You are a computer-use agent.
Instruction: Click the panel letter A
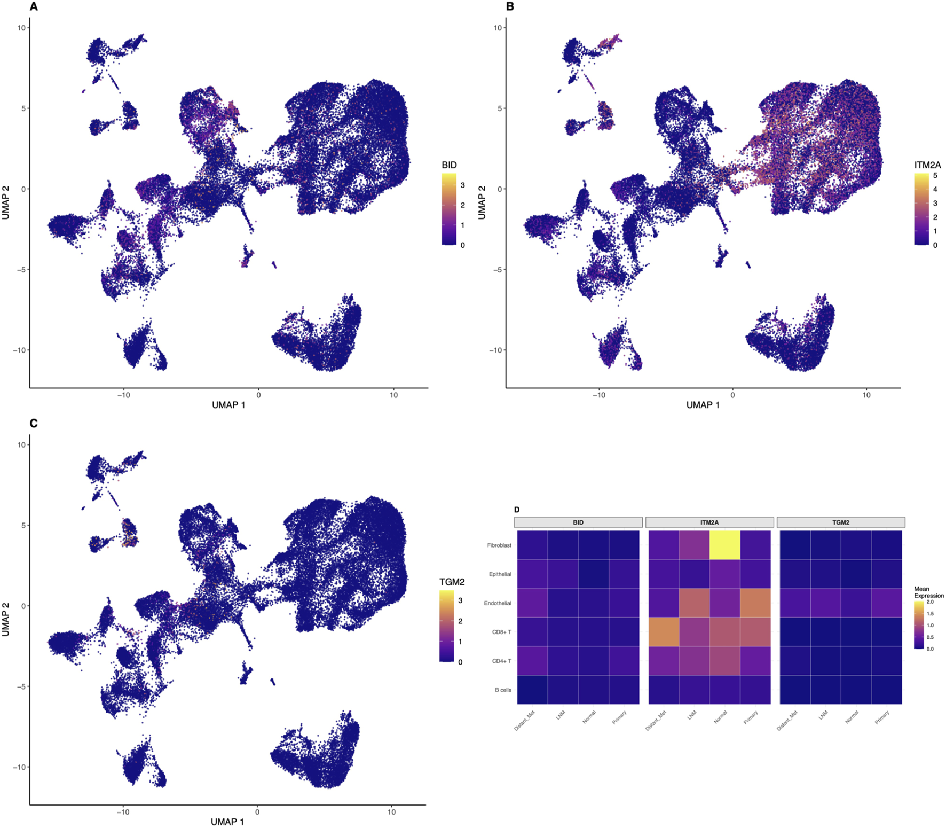[34, 7]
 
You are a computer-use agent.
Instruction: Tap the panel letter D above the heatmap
[517, 510]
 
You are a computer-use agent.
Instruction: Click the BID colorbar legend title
[449, 165]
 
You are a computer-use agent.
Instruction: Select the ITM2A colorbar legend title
[927, 165]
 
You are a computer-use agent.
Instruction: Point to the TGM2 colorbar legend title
[452, 582]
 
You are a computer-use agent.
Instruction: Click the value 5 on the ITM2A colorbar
[935, 176]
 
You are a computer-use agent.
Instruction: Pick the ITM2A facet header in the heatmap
[709, 522]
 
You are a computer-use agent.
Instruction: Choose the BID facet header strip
[578, 522]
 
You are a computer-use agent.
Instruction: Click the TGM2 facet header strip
[840, 522]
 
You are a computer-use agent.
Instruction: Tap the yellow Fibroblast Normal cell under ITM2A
[724, 545]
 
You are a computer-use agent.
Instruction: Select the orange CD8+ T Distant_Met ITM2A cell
[664, 632]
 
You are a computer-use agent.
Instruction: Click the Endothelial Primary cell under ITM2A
[755, 603]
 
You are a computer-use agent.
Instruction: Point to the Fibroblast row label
[499, 545]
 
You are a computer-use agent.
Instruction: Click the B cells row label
[502, 690]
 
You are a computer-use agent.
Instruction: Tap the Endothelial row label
[497, 603]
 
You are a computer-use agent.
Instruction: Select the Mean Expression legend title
[928, 592]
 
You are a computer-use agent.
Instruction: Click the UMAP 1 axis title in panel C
[227, 822]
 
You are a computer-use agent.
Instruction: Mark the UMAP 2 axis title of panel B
[482, 202]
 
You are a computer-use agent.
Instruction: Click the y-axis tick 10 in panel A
[21, 28]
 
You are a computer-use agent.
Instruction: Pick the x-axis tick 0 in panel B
[732, 395]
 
